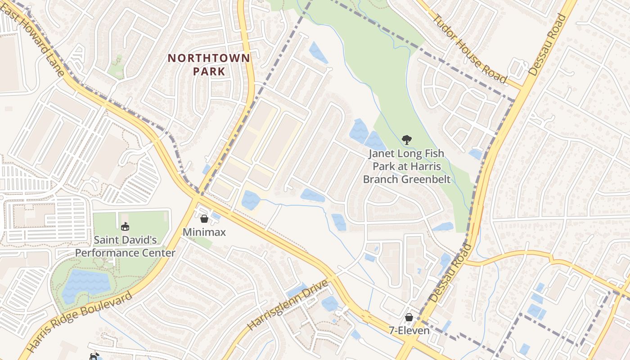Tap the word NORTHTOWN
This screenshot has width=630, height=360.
coord(209,58)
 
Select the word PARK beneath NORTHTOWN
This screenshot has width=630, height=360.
coord(209,72)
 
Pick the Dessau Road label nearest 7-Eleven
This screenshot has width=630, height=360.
coord(450,273)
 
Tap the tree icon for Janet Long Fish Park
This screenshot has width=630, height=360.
coord(407,140)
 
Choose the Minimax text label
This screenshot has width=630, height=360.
coord(204,232)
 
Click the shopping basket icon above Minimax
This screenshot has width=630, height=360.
coord(204,219)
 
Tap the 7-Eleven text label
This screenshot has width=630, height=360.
coord(409,331)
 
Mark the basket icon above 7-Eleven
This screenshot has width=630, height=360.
coord(409,317)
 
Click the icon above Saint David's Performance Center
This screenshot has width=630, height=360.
coord(125,226)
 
